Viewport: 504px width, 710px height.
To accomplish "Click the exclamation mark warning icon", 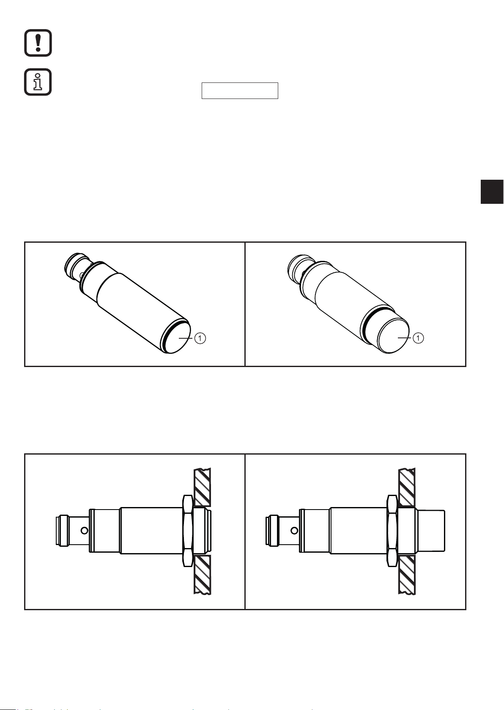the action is pos(38,43).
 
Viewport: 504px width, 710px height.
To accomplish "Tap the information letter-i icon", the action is pos(38,82).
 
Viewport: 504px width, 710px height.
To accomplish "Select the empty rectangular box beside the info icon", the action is pos(240,90).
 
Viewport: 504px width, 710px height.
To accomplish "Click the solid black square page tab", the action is pos(492,192).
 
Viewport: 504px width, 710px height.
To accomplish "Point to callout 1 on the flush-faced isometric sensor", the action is pos(200,338).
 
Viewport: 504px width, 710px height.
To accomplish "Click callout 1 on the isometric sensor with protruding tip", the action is pos(419,338).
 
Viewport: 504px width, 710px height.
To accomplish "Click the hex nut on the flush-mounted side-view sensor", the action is pos(188,531).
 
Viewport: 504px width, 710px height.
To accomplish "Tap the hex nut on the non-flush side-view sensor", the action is pos(392,531).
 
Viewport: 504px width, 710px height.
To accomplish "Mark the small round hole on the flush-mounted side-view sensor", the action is pos(84,530).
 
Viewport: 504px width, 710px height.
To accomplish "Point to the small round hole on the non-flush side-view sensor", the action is pos(294,530).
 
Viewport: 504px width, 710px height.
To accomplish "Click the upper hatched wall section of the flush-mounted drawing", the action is pos(202,487).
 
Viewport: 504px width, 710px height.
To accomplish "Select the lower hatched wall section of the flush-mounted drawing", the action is pos(202,574).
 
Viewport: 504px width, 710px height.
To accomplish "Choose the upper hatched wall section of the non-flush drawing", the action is pos(407,487).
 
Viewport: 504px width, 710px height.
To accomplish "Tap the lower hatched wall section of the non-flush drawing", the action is pos(407,574).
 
